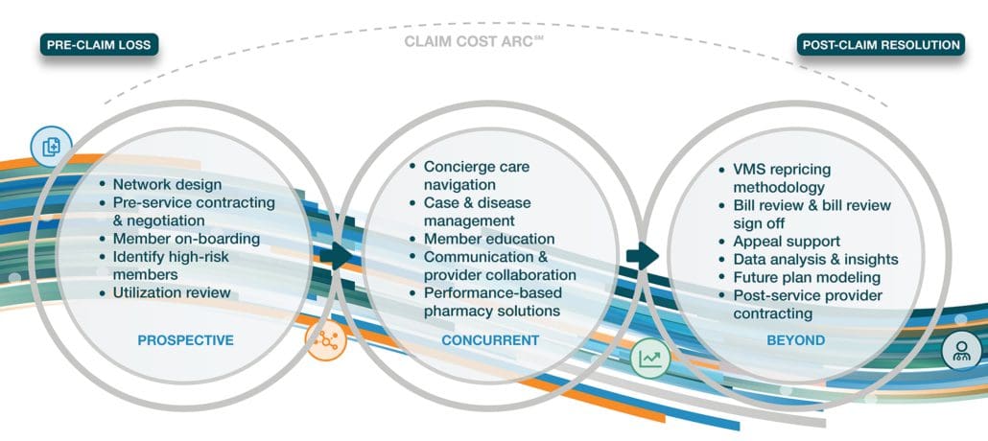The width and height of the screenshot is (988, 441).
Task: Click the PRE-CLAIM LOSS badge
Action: coord(99,45)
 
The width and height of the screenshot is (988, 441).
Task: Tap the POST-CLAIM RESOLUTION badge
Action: coord(881,45)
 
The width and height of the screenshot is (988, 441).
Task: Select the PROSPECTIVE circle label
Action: coord(186,340)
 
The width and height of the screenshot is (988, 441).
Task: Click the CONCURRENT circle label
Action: coord(490,340)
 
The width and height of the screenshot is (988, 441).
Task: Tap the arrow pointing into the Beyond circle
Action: coord(643,255)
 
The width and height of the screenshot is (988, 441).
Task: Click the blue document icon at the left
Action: coord(51,148)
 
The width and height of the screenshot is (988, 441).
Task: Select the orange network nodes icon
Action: coord(326,340)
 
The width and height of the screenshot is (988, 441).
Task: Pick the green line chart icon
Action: coord(650,358)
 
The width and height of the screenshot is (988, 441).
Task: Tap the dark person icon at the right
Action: coord(961,350)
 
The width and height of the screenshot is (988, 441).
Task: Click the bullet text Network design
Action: coord(167,185)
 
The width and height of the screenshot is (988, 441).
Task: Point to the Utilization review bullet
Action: coord(172,292)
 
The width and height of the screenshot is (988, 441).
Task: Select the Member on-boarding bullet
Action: coord(186,239)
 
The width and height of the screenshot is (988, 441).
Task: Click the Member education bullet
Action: coord(489,239)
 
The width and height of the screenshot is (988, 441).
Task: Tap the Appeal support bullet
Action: coord(787,242)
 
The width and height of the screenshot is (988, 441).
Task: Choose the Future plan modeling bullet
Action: coord(807,277)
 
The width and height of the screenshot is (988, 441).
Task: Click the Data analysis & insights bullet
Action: coord(815,260)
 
